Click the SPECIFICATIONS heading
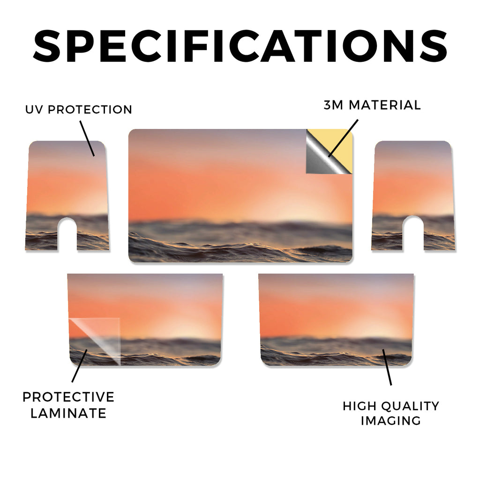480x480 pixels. click(240, 46)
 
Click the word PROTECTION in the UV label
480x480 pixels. click(90, 110)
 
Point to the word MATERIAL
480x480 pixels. click(385, 105)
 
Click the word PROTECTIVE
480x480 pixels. click(68, 397)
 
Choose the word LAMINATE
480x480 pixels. click(68, 413)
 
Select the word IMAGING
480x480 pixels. click(391, 420)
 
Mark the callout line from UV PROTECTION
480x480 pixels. click(87, 139)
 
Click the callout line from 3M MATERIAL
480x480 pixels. click(343, 138)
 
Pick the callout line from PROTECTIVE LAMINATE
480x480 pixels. click(80, 366)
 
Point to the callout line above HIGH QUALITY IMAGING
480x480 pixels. click(387, 367)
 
